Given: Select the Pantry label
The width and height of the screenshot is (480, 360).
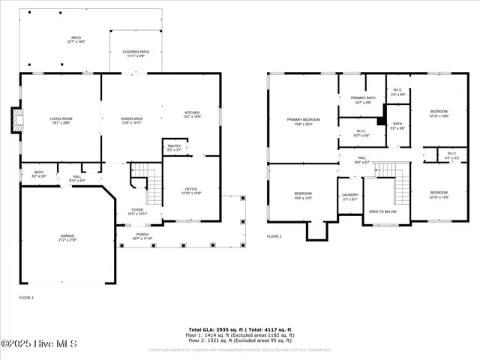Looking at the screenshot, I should coord(174,148).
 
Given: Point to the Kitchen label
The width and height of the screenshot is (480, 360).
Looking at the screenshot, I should coord(192,115).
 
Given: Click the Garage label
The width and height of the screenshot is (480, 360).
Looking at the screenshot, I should coord(67,238).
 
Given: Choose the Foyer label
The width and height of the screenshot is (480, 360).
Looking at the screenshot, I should coord(137,211).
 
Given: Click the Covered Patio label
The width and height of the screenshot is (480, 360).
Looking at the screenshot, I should coord(136,54).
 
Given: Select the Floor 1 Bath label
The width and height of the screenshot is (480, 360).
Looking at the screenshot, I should coord(38,174).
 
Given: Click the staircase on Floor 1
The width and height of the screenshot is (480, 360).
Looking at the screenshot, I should coord(153,186).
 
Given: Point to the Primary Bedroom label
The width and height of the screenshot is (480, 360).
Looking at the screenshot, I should coord(303,121).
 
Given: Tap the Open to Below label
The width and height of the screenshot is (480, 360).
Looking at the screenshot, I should coord(382,211).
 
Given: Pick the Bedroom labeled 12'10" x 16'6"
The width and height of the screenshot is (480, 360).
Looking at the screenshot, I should coord(438,113).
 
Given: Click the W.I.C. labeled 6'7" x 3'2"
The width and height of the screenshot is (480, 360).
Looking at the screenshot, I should coord(451,156).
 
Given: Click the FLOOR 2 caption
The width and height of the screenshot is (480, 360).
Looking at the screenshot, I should coord(274,236).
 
